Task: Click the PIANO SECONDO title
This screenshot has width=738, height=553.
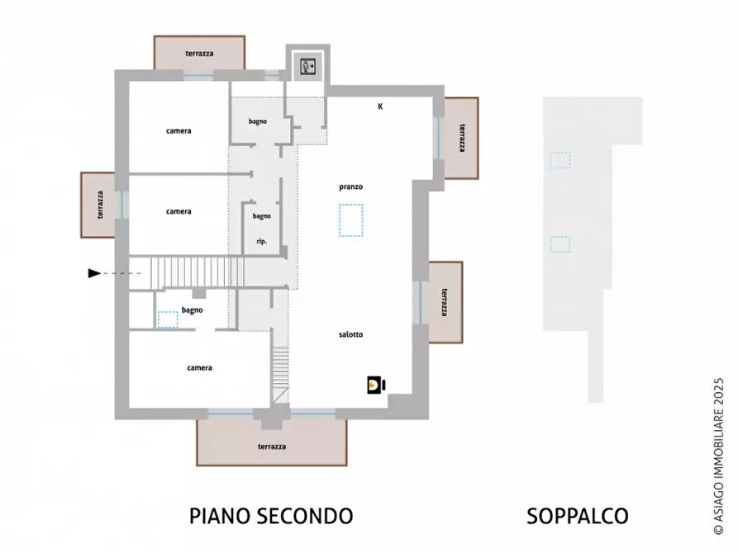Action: (271, 517)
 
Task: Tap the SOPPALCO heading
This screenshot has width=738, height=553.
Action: (577, 517)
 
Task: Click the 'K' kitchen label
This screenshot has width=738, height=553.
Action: (380, 106)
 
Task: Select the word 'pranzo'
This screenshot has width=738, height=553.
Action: (350, 187)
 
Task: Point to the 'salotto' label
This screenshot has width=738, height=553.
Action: (350, 334)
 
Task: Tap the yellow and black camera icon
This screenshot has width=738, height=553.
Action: (377, 385)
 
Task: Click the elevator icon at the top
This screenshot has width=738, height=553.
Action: (308, 67)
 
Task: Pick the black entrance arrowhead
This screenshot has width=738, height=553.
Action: (94, 273)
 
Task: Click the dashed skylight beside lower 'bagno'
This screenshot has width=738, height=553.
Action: (168, 319)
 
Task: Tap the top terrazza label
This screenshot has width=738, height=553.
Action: (199, 53)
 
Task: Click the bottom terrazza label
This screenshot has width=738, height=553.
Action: (271, 447)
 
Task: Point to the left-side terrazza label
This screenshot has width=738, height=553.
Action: (99, 204)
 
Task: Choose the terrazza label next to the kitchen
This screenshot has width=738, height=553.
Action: (461, 138)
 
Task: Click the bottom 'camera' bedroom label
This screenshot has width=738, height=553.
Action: (199, 368)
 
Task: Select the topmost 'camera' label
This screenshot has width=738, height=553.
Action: (179, 131)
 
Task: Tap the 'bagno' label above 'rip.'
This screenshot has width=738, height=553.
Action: (262, 216)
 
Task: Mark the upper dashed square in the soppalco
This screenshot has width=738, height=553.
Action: (560, 160)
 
